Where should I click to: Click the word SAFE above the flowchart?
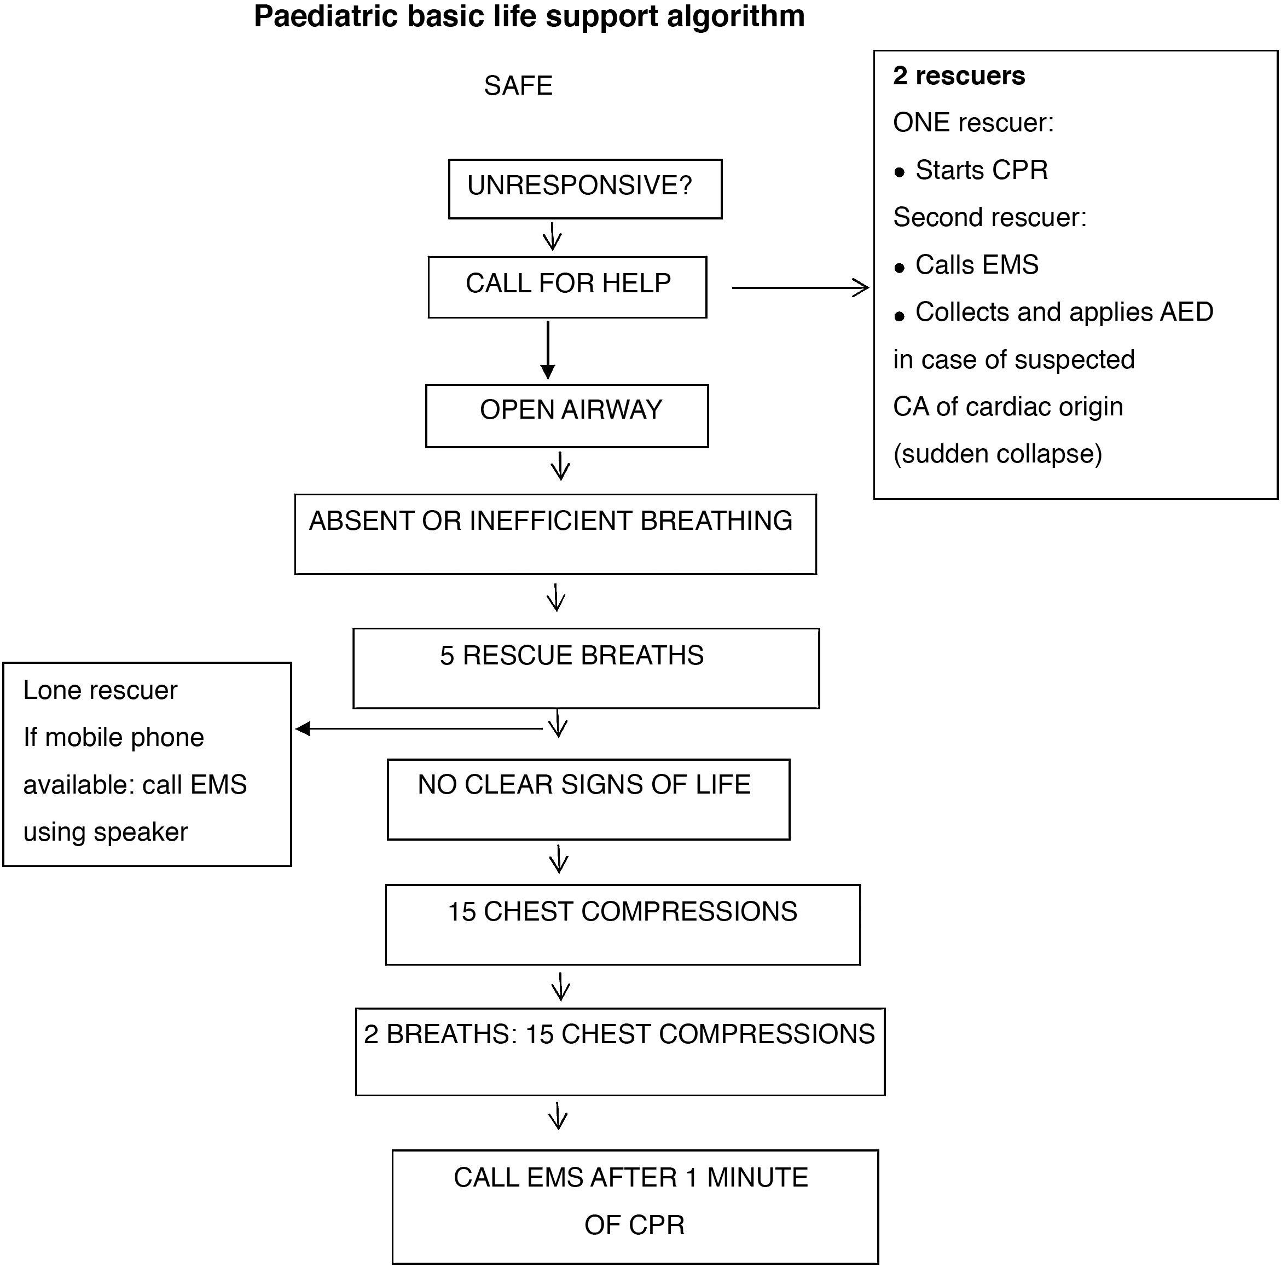click(518, 85)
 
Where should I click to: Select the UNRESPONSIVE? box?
click(585, 188)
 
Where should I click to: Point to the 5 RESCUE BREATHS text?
click(571, 655)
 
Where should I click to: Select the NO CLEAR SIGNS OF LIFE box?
click(588, 799)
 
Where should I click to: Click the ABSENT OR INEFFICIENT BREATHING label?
click(550, 521)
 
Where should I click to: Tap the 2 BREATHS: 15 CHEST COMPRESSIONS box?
click(619, 1050)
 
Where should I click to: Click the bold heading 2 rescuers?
click(958, 76)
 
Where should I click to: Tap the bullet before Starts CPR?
click(899, 173)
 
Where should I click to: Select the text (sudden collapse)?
click(997, 454)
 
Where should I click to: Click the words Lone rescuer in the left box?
click(100, 690)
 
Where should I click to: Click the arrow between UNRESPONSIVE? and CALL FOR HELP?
click(552, 236)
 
